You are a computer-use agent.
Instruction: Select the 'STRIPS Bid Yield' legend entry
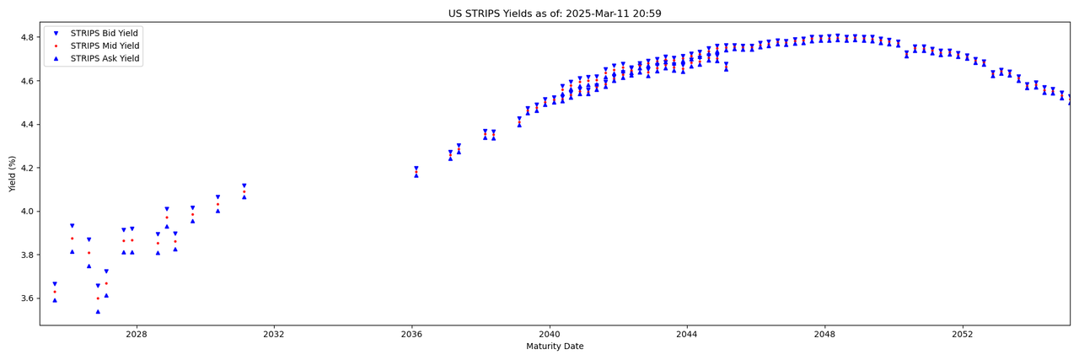pos(105,33)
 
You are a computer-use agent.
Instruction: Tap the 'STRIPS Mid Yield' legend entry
pos(105,46)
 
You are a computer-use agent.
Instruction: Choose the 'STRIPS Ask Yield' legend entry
pos(105,59)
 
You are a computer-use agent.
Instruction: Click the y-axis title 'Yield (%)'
pos(13,174)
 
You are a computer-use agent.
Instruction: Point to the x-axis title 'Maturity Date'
pos(555,347)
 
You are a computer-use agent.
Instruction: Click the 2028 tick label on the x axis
pos(136,334)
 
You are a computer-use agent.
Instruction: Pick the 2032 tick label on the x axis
pos(274,334)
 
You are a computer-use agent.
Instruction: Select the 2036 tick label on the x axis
pos(411,334)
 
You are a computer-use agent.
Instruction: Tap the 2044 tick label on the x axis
pos(687,334)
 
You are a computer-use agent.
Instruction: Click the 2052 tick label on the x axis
pos(963,334)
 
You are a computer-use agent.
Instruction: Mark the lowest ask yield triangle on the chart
pos(98,311)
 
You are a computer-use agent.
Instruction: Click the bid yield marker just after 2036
pos(416,169)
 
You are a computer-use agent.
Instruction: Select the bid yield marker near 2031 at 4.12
pos(244,185)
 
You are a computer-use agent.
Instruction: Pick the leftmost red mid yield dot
pos(55,292)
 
